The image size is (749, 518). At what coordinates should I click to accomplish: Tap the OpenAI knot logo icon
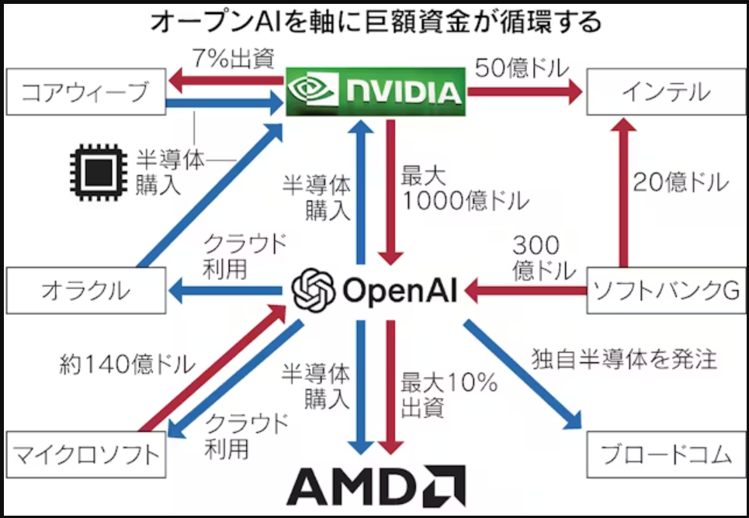point(313,289)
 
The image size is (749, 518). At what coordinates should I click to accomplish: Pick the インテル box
point(665,93)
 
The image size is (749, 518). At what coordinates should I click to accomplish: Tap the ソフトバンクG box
point(665,291)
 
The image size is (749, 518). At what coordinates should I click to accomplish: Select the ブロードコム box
point(665,454)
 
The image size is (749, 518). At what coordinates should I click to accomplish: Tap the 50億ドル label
point(521,65)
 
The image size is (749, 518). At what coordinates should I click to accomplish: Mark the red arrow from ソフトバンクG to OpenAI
point(528,292)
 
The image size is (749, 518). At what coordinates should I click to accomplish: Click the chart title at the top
point(375,21)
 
